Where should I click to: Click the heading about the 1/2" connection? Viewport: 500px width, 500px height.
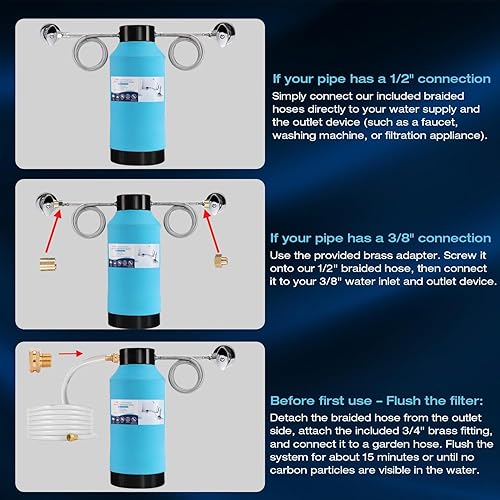click(x=375, y=77)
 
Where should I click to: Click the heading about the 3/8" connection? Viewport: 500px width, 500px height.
click(x=379, y=238)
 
